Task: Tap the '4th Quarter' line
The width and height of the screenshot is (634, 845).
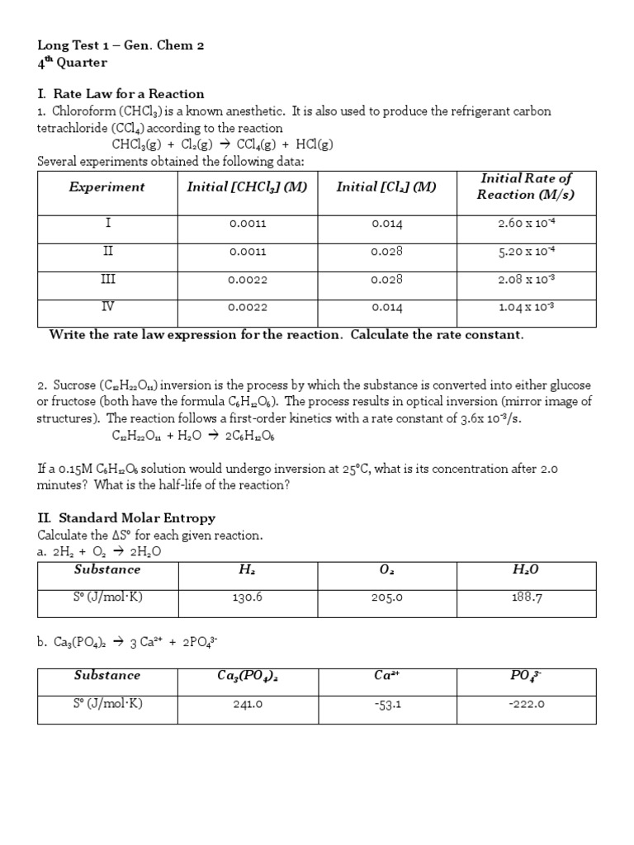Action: tap(73, 63)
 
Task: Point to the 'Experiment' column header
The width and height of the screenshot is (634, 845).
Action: tap(106, 187)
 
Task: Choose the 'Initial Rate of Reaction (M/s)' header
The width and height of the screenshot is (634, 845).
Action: tap(525, 186)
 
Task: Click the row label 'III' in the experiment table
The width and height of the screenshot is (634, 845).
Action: tap(108, 280)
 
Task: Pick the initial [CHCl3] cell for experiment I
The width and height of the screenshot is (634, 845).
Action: tap(248, 224)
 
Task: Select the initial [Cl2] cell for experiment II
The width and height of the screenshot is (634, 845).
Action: tap(386, 252)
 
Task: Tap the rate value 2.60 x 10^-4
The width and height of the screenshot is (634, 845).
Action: tap(526, 224)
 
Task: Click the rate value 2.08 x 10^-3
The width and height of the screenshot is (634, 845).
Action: tap(526, 280)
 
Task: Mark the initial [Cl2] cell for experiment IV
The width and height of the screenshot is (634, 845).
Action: tap(386, 308)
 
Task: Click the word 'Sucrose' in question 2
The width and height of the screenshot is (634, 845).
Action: tap(74, 385)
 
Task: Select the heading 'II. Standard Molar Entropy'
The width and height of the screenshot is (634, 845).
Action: tap(126, 518)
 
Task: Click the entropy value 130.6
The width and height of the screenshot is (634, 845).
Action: tap(248, 598)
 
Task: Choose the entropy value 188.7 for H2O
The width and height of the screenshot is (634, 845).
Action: tap(526, 598)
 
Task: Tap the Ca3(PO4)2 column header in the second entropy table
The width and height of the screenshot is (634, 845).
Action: tap(248, 676)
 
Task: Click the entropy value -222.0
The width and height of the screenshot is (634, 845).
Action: tap(526, 705)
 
